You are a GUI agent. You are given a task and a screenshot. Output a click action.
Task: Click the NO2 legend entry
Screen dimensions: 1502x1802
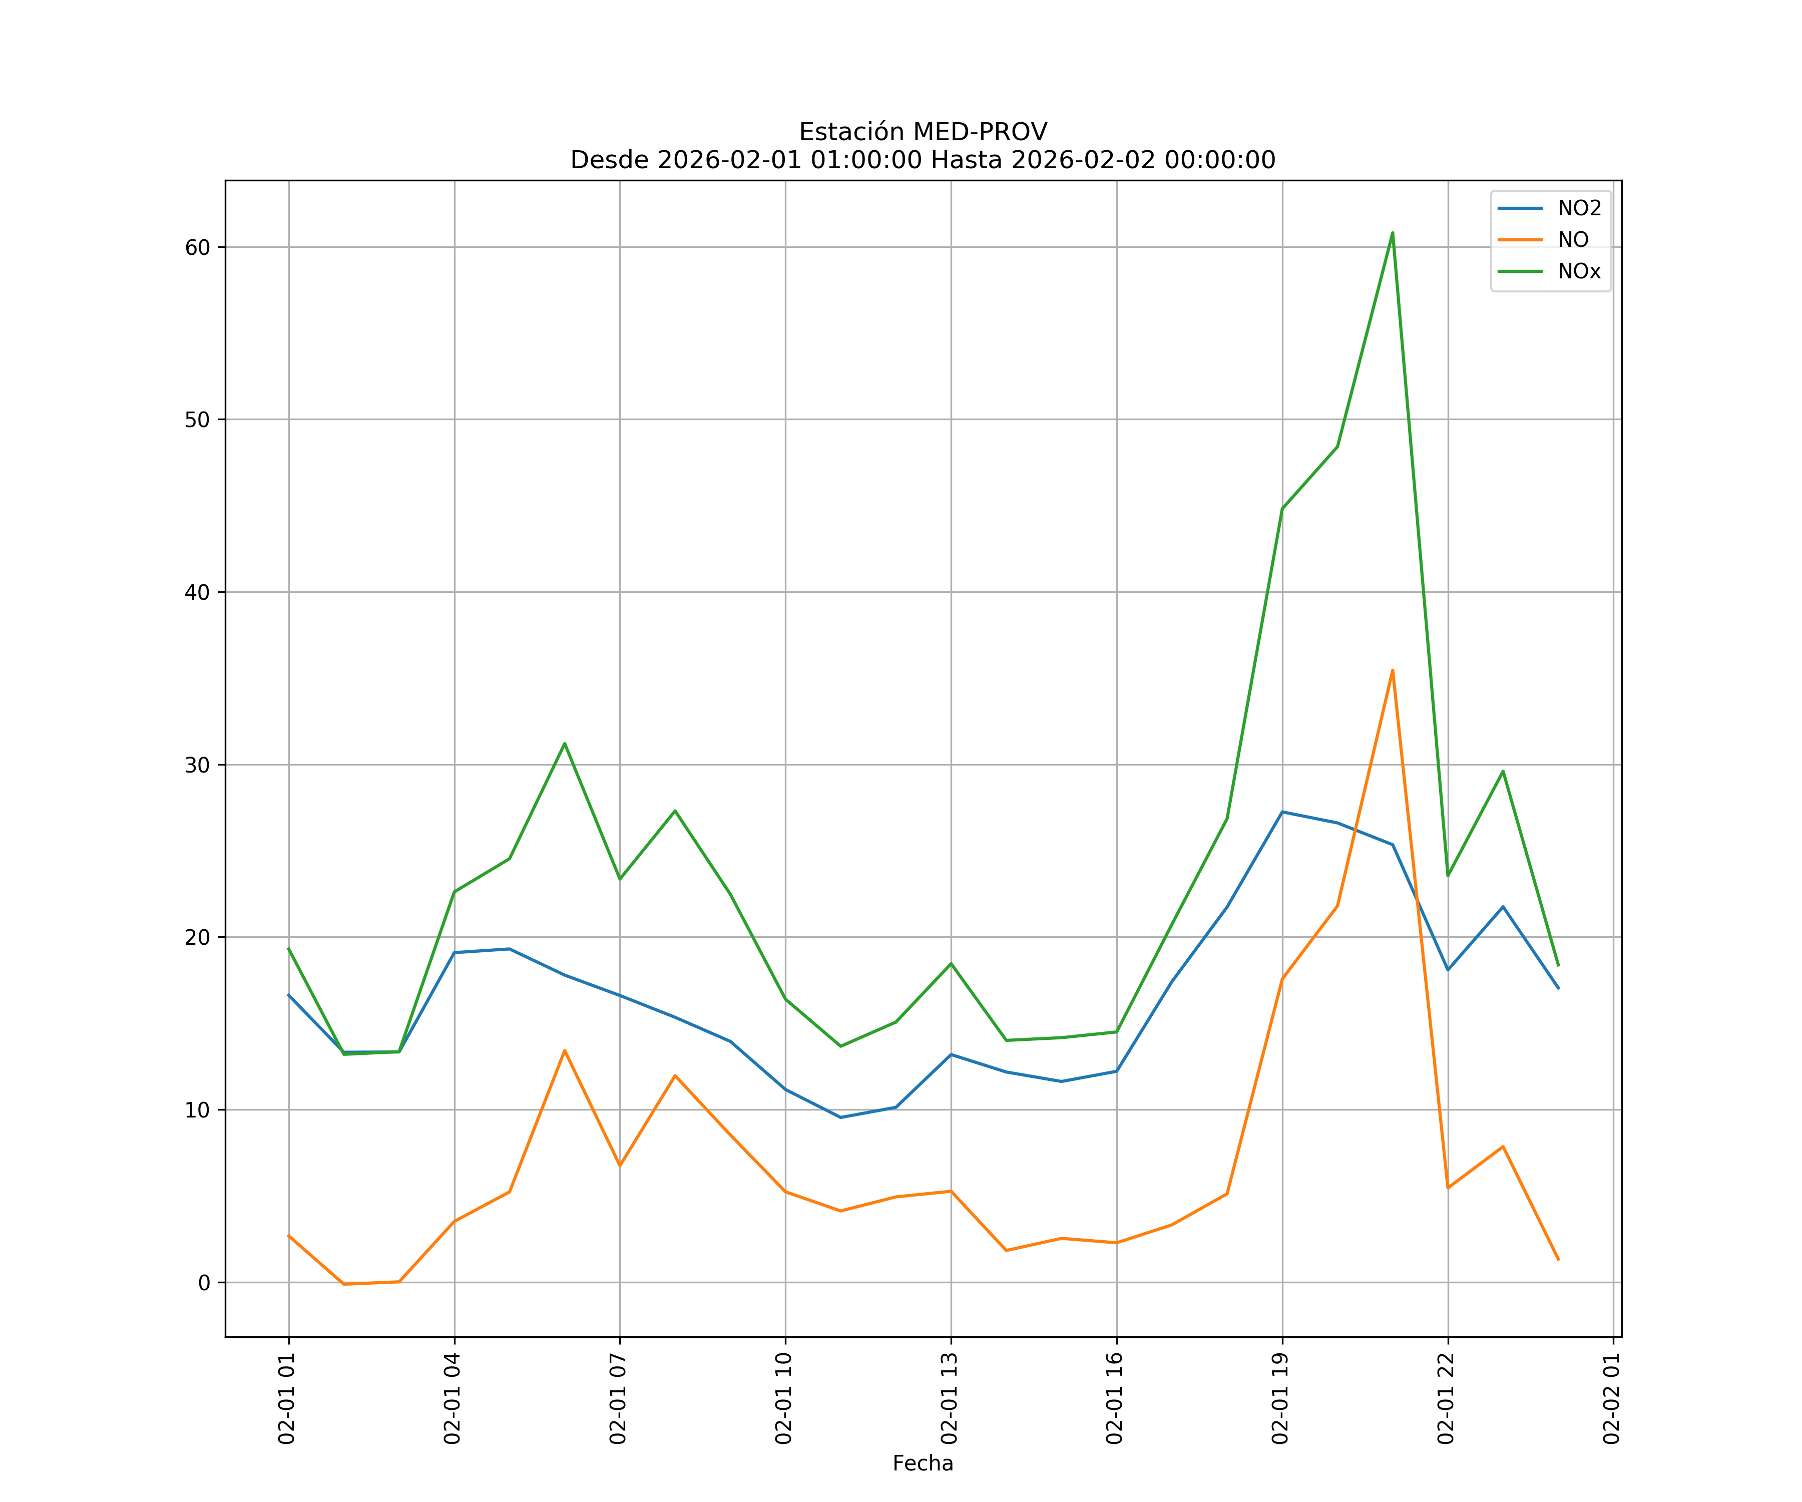click(1579, 209)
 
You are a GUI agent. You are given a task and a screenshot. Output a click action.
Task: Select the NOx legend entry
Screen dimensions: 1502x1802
click(1579, 272)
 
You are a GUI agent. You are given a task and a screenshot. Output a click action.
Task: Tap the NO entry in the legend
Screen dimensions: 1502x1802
click(1573, 240)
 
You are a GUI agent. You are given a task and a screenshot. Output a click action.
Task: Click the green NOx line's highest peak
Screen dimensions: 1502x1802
click(1392, 233)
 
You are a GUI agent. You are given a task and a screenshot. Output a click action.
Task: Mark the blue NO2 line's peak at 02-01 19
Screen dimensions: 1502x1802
click(1282, 812)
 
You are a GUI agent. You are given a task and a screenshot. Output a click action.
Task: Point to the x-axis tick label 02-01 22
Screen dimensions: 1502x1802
click(1447, 1398)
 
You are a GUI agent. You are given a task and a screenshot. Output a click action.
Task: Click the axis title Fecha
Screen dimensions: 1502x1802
click(923, 1463)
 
